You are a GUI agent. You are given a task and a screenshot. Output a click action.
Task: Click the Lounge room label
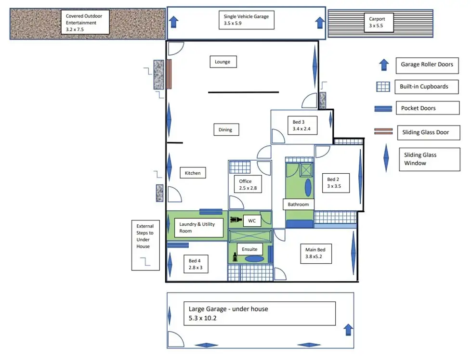click(x=223, y=62)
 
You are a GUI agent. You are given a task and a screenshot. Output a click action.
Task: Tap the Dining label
click(x=225, y=129)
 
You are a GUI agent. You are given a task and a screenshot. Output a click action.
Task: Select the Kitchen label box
click(x=193, y=173)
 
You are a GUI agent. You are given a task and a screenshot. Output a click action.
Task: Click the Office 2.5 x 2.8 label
click(x=246, y=185)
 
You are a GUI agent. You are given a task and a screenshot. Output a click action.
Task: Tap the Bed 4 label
click(x=196, y=264)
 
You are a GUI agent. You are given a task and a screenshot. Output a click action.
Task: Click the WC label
click(x=251, y=221)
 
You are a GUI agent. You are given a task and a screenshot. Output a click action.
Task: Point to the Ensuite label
click(x=249, y=249)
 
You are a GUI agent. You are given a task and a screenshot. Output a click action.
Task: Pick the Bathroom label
click(x=298, y=205)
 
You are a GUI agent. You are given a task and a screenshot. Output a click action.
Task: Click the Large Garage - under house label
click(x=259, y=313)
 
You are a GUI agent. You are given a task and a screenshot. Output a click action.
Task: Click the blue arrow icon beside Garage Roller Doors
click(x=384, y=64)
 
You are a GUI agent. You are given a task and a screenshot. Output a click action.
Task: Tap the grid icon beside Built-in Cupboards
click(x=383, y=87)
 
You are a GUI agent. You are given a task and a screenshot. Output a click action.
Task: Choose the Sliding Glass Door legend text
click(x=426, y=132)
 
